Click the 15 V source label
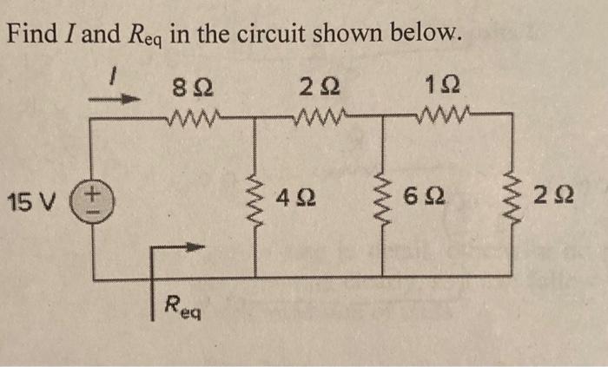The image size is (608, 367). tap(29, 205)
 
